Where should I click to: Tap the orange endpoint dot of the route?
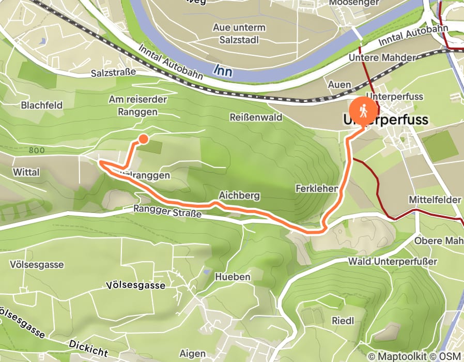143,139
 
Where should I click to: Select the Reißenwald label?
256,117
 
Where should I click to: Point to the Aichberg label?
239,196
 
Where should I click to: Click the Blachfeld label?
41,105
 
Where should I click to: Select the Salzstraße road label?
112,72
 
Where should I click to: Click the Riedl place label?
343,321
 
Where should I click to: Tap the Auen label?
339,84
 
